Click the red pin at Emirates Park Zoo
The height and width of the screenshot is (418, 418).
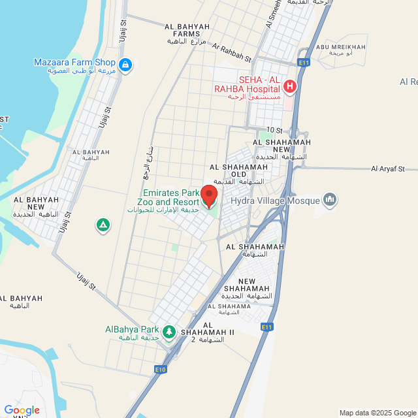[x=208, y=195]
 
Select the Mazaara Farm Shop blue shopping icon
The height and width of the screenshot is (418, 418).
[x=125, y=65]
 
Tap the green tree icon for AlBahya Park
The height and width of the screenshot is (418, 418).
[x=169, y=332]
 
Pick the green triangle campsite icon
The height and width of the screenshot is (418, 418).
[x=103, y=225]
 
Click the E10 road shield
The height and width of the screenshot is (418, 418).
[x=161, y=370]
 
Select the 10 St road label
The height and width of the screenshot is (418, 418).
[x=274, y=131]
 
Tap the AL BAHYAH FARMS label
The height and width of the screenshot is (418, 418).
[x=187, y=31]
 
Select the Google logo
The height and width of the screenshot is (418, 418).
[x=22, y=410]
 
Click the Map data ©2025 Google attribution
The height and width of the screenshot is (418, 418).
[x=378, y=413]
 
